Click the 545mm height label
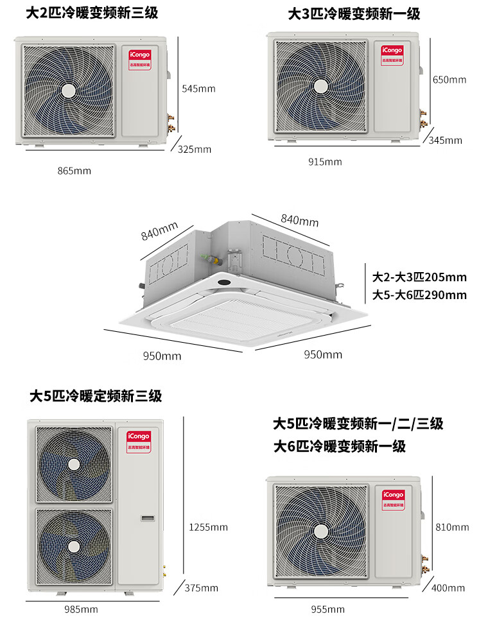[x=198, y=89]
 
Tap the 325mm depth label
[x=195, y=150]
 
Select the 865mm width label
[x=74, y=171]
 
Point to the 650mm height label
[x=449, y=80]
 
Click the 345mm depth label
[x=445, y=141]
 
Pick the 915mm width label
[x=325, y=162]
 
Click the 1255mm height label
[x=208, y=528]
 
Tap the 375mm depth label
[x=202, y=588]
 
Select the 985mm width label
[x=81, y=609]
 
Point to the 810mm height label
[x=452, y=528]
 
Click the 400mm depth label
[x=448, y=588]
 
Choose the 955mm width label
[x=327, y=609]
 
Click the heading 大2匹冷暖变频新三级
[x=91, y=13]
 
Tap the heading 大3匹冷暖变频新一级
[x=354, y=13]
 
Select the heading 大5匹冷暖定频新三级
[x=96, y=396]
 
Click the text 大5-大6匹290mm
[x=419, y=295]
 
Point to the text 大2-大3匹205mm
[x=419, y=278]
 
